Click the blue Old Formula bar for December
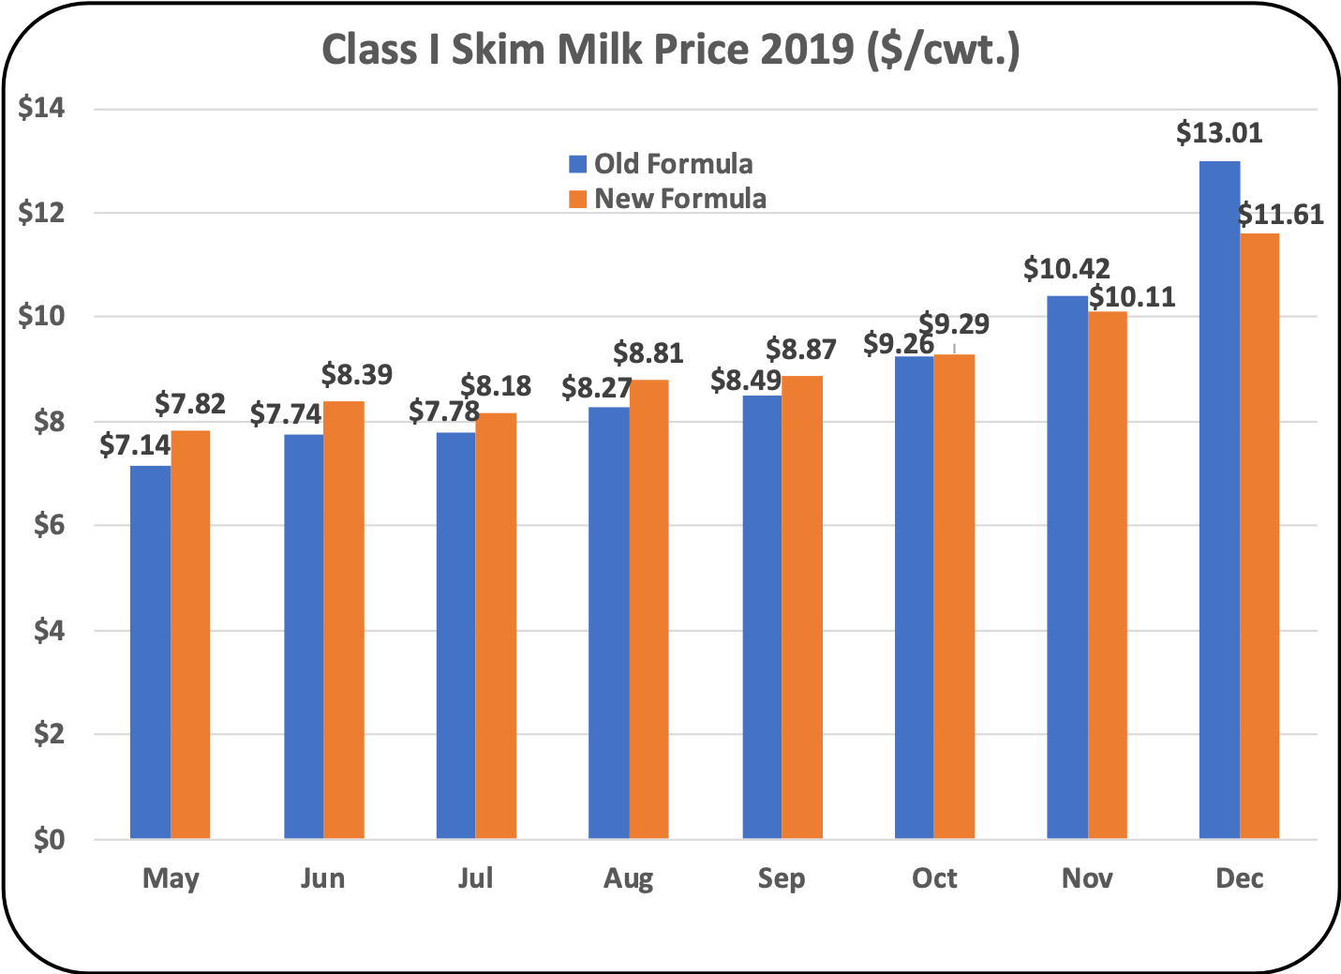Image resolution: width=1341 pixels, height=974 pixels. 1219,500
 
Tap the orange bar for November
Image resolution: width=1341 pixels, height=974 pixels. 1108,575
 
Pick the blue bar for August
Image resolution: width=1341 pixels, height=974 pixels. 608,622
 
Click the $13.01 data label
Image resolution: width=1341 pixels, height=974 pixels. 1219,133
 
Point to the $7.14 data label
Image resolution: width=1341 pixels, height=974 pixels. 135,446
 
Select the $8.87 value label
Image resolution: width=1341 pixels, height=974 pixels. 801,350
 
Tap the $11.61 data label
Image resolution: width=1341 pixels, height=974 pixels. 1280,215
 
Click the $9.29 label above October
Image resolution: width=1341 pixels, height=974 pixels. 954,324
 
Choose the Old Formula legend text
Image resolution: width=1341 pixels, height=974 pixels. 673,164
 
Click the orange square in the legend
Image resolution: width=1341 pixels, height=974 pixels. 578,199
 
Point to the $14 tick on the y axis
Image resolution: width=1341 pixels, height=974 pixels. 41,109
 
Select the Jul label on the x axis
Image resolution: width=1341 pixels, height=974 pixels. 475,878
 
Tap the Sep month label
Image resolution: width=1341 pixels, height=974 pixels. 781,878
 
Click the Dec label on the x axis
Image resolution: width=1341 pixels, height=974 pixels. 1239,878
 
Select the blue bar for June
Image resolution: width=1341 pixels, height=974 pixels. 304,637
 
